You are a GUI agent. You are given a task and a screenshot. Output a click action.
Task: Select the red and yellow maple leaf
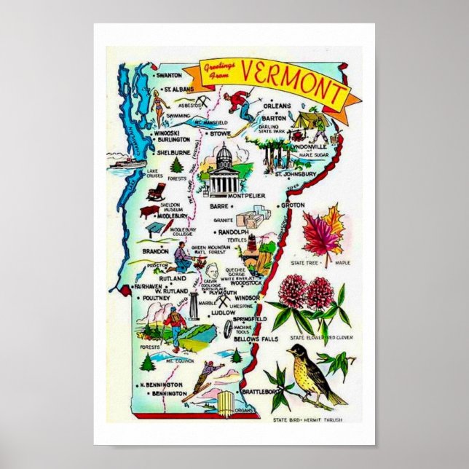point(320,231)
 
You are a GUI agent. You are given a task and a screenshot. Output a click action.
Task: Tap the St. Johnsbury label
point(294,174)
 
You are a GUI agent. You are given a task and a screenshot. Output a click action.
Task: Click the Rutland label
point(173,277)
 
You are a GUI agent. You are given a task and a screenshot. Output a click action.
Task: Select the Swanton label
point(169,75)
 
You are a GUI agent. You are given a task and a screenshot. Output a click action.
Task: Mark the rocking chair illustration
point(155,192)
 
